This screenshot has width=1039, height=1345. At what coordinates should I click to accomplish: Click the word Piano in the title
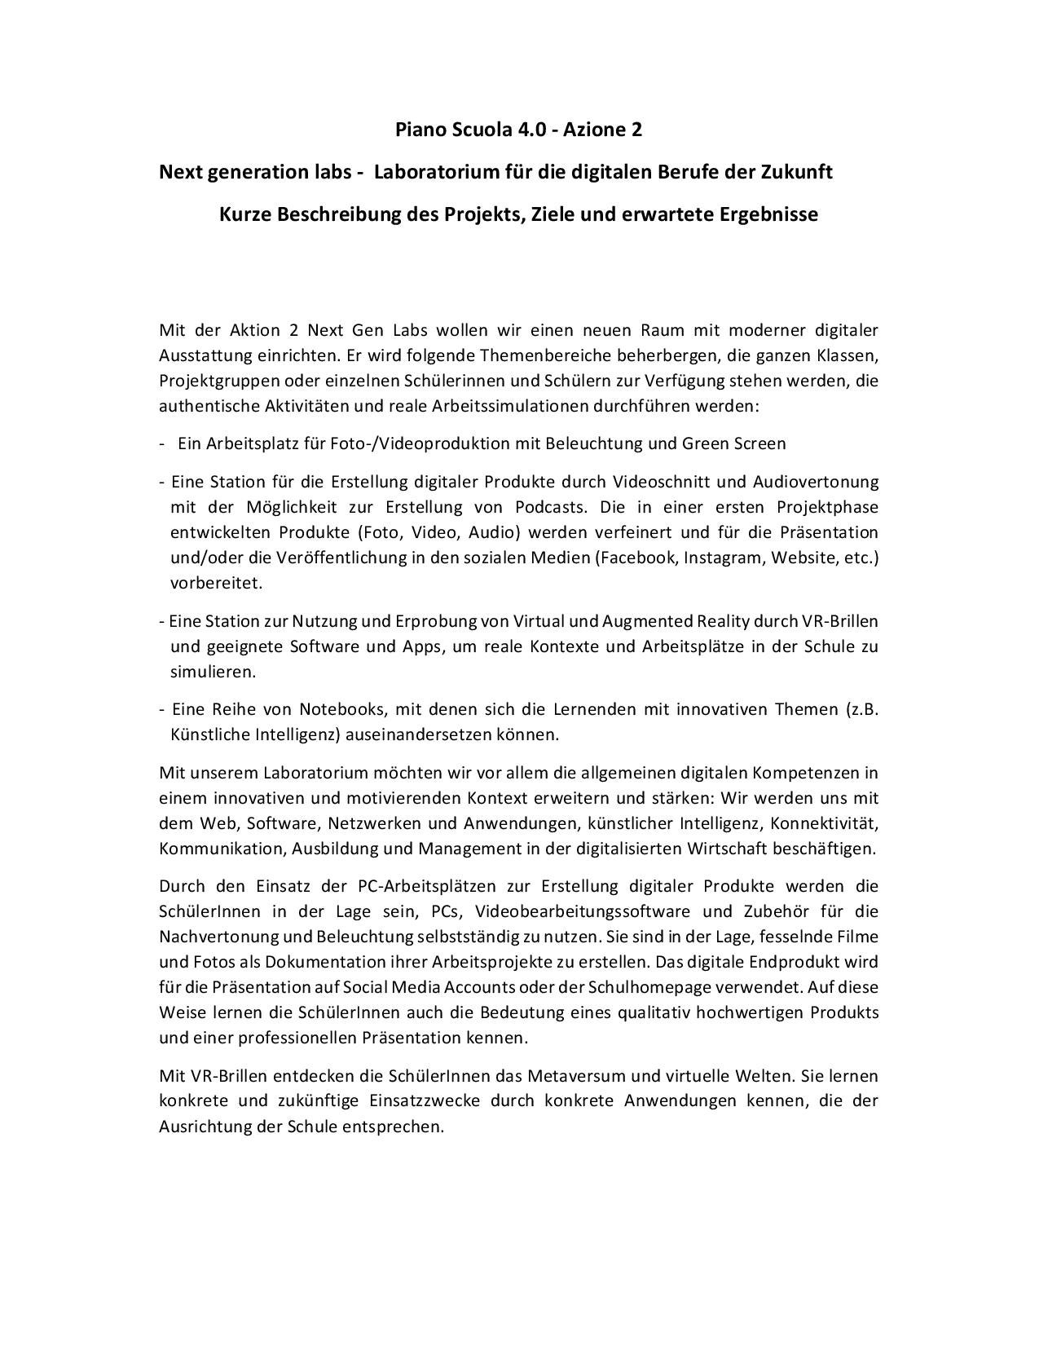coord(419,130)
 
